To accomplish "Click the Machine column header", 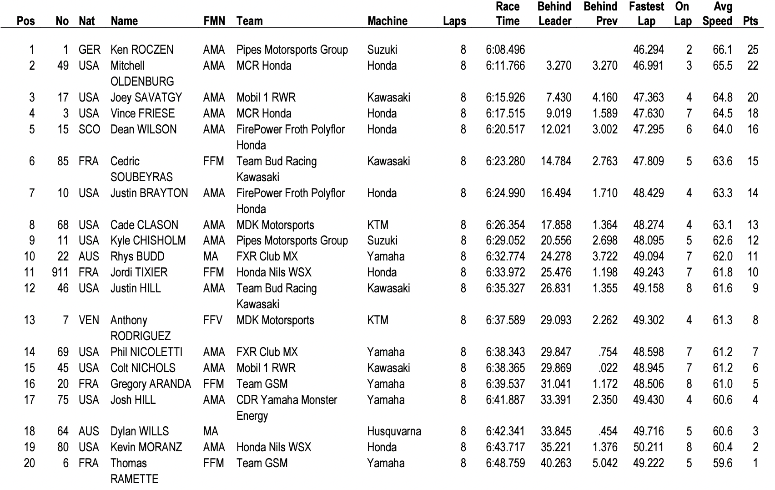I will (x=387, y=21).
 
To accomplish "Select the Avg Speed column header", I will (x=717, y=14).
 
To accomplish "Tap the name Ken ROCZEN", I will (x=142, y=50).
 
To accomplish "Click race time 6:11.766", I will (x=505, y=66).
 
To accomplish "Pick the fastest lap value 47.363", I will (x=648, y=97).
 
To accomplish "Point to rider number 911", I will (x=60, y=272).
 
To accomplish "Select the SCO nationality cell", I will (x=89, y=129).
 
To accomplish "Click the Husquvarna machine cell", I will (x=394, y=431).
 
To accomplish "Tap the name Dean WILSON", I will (x=143, y=129).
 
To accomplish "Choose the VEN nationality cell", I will (x=89, y=320).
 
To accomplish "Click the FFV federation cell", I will (x=213, y=320).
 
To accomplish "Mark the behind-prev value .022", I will (x=608, y=368).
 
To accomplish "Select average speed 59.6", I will (x=722, y=463).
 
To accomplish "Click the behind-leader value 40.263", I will (x=556, y=463).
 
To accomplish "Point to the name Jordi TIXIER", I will (x=139, y=272).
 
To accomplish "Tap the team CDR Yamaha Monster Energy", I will (x=287, y=408).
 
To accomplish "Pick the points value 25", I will (x=752, y=50).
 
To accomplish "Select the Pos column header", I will (x=25, y=21).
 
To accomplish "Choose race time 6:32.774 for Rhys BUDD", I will (x=505, y=256).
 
